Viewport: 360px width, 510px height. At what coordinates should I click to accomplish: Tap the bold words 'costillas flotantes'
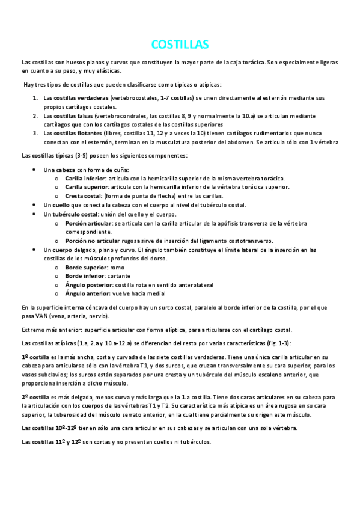[x=71, y=133]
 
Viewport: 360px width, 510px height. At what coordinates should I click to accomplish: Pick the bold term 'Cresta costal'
[x=83, y=196]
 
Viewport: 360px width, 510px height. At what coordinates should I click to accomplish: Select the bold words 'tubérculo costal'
[x=75, y=214]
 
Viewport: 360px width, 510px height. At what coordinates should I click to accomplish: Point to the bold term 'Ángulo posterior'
[x=88, y=284]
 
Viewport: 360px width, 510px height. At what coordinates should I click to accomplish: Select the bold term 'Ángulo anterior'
[x=87, y=293]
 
